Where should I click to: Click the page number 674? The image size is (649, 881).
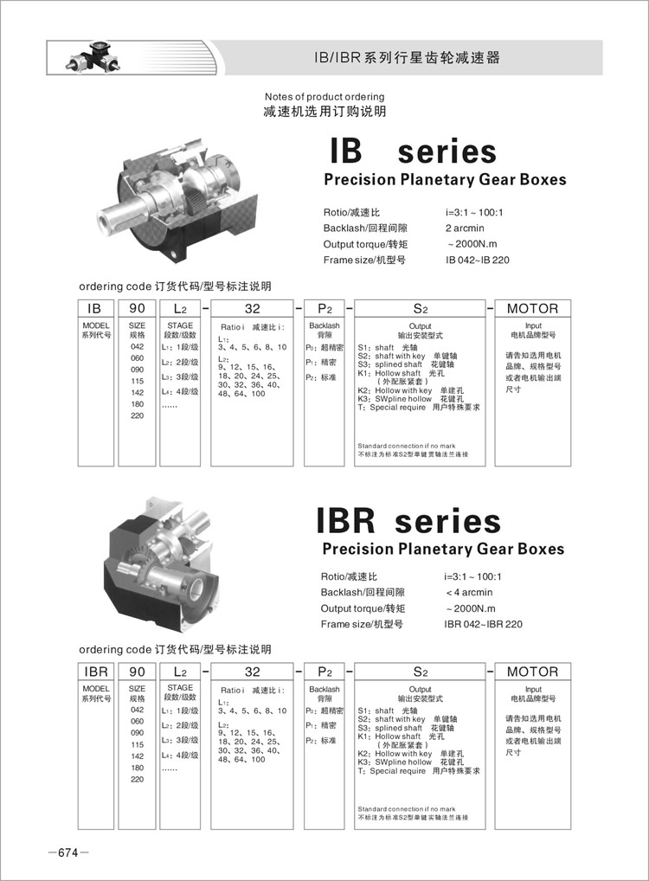coord(67,853)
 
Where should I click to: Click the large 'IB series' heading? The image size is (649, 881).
coord(413,151)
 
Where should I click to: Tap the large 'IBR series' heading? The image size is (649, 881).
coord(408,521)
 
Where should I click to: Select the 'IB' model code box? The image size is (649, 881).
coord(94,308)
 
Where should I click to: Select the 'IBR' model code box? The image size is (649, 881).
coord(94,672)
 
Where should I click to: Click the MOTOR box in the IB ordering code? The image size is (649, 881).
coord(532,308)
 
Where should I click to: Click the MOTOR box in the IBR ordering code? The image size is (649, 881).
coord(532,672)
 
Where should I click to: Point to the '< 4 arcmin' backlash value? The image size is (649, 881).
coord(468,592)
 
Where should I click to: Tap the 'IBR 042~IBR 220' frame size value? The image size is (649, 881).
coord(483,624)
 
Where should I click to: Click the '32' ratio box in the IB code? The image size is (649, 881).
coord(253,308)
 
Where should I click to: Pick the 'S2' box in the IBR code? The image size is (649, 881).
coord(420,672)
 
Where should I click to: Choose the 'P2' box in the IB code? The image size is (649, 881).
coord(324,308)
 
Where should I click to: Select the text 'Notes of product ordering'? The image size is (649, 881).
coord(324,97)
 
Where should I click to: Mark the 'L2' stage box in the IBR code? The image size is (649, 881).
coord(180,672)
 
